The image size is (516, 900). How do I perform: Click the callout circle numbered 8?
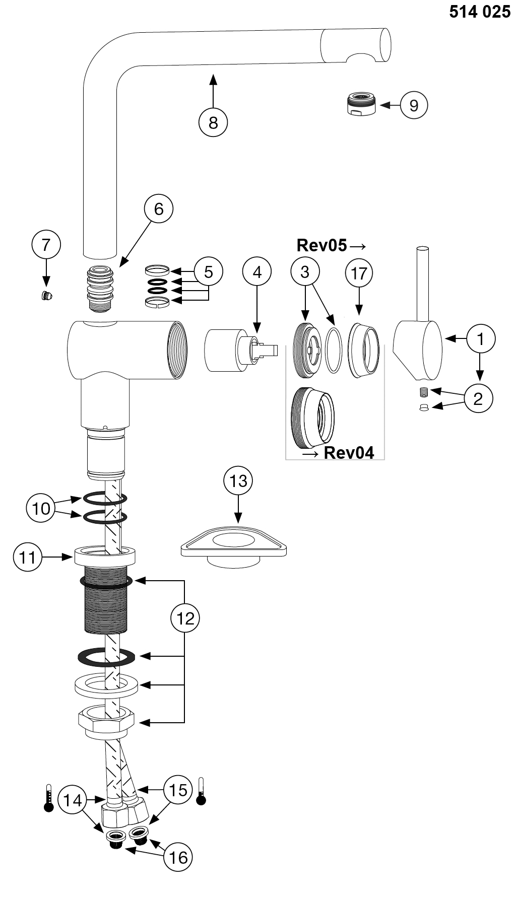click(213, 122)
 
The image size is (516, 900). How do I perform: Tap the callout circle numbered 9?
click(414, 105)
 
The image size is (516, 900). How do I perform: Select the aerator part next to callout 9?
click(362, 103)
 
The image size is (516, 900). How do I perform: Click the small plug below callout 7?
click(47, 296)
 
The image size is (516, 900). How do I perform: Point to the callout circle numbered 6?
click(159, 209)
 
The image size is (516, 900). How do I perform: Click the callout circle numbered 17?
click(359, 273)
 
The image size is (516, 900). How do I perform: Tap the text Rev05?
click(321, 245)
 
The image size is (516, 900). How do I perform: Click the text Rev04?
click(349, 452)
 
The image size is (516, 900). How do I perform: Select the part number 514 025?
click(480, 12)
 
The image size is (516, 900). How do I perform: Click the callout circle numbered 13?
click(238, 481)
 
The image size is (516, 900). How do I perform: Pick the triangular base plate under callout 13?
click(234, 546)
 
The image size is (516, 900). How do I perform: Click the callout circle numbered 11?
click(28, 557)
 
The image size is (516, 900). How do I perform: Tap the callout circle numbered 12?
click(185, 617)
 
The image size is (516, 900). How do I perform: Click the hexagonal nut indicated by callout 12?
click(106, 723)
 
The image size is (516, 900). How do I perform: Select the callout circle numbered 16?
click(178, 857)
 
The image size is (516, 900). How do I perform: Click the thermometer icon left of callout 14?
click(49, 797)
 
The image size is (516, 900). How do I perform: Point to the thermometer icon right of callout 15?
click(201, 791)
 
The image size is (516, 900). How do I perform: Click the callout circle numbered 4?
click(257, 272)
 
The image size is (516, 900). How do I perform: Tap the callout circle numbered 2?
click(478, 398)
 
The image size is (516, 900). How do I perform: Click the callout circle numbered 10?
click(41, 508)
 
